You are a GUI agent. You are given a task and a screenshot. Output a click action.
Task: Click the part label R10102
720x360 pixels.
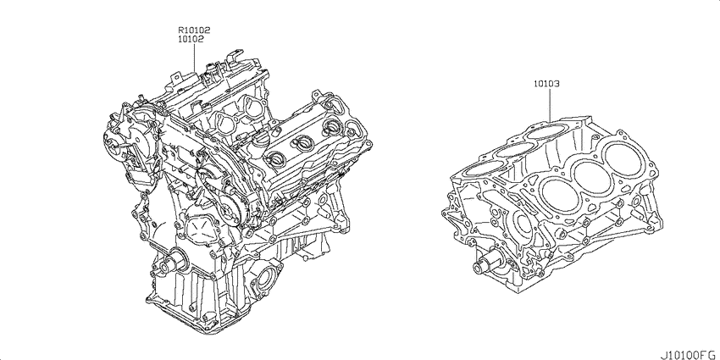(194, 30)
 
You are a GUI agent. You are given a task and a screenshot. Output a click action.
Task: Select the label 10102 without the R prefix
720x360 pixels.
(191, 40)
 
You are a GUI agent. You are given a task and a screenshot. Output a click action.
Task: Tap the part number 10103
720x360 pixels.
(546, 84)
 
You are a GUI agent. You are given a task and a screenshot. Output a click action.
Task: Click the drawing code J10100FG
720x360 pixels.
(689, 354)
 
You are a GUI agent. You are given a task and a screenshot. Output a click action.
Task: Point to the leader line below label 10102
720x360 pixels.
(194, 58)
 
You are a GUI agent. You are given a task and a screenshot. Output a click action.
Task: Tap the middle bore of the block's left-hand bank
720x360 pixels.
(514, 149)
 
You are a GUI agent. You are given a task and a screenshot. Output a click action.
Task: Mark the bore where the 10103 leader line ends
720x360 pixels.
(547, 130)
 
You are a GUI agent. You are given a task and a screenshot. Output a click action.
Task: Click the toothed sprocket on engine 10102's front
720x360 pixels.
(228, 211)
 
